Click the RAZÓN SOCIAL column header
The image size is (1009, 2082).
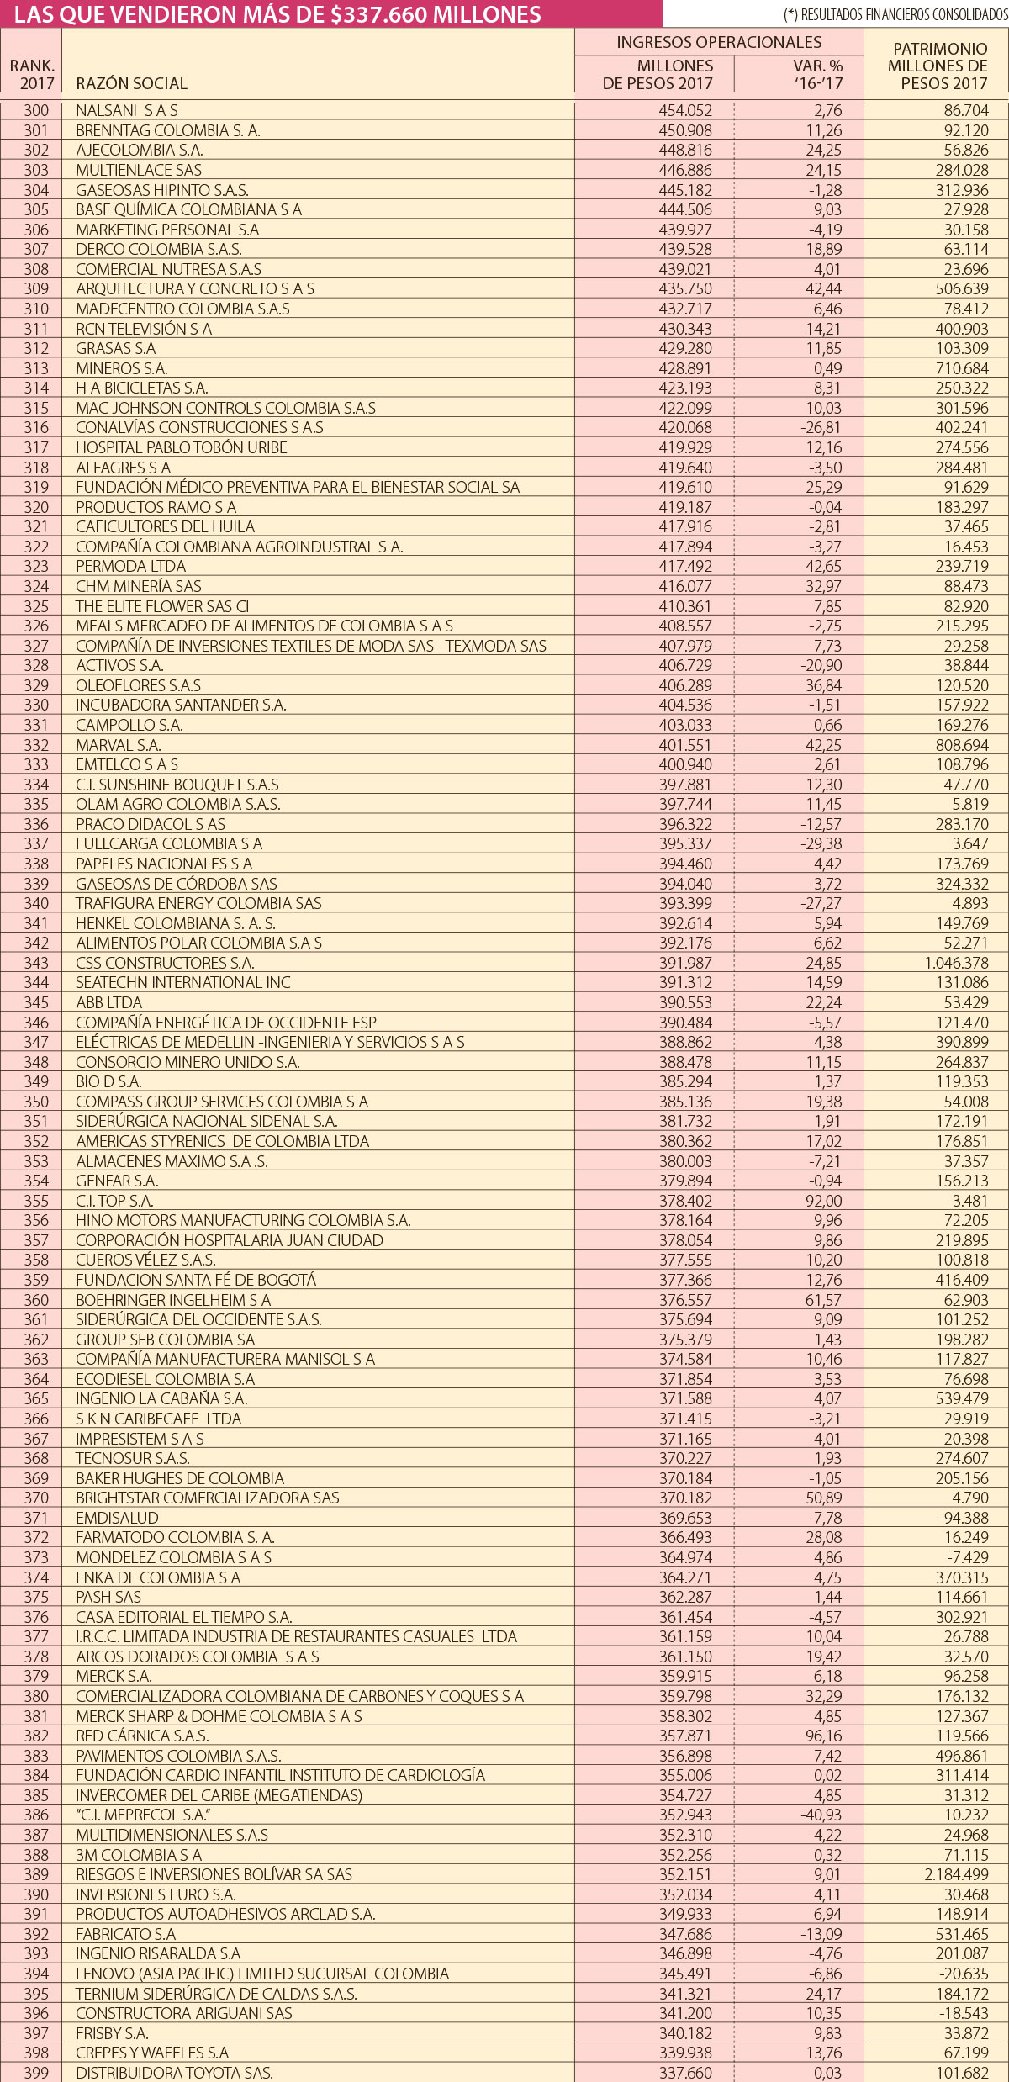131,83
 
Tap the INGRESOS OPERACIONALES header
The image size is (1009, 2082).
719,42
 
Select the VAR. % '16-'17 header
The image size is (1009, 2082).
817,74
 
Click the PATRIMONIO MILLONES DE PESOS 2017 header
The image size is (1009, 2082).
939,66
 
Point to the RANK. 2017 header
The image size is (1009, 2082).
32,74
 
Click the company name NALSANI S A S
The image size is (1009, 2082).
127,110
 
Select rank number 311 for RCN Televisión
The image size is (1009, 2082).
36,329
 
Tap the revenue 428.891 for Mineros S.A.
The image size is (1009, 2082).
685,368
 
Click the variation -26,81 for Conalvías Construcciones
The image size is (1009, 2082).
820,427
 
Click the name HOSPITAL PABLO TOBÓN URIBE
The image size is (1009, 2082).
182,447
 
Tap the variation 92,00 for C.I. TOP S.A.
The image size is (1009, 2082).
823,1201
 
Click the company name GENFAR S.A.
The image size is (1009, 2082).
117,1181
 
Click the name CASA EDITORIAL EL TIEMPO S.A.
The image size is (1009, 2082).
184,1617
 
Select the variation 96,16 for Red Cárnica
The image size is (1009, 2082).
823,1736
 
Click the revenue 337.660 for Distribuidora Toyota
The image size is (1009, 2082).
685,2073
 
